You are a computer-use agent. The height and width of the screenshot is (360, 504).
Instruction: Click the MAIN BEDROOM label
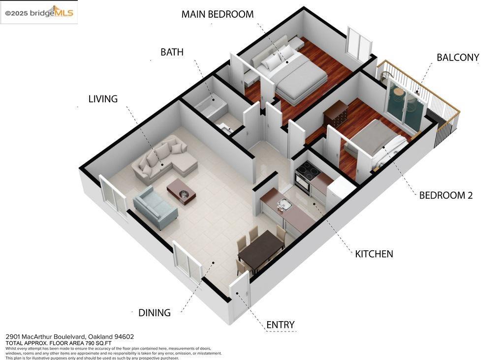click(x=217, y=14)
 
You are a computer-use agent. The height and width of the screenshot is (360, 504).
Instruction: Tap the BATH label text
click(x=172, y=52)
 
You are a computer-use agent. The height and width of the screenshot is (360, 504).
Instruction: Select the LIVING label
click(x=103, y=99)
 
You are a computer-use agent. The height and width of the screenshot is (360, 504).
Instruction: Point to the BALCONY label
click(x=458, y=58)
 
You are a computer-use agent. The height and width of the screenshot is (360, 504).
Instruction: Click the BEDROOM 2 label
click(x=446, y=195)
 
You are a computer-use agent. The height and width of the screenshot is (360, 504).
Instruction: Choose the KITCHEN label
click(x=374, y=254)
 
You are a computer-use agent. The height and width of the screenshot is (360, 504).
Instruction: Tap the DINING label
click(x=154, y=313)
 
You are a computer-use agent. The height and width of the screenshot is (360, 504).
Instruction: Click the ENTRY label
click(x=280, y=325)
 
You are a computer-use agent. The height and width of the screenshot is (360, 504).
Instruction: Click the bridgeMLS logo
click(x=39, y=12)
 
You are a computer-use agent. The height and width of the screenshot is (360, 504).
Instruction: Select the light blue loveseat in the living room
click(x=155, y=207)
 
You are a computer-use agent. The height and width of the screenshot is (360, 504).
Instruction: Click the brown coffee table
click(x=181, y=191)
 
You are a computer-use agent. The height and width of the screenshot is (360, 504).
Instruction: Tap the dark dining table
click(x=261, y=250)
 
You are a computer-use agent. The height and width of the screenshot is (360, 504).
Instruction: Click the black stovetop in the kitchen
click(x=308, y=170)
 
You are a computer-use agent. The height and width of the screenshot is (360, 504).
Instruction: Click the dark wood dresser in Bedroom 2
click(x=335, y=114)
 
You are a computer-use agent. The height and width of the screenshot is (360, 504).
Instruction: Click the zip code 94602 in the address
click(x=124, y=336)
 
